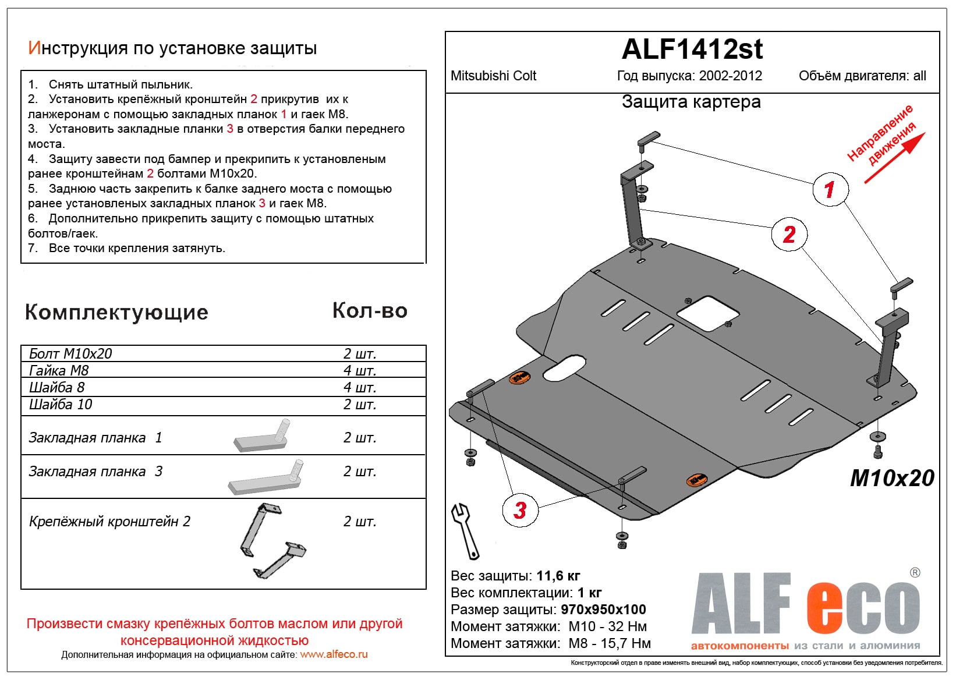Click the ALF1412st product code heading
[692, 49]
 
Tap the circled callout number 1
[830, 189]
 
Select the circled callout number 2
[789, 234]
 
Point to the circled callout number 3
[520, 510]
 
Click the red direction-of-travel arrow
[894, 159]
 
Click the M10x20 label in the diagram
[891, 478]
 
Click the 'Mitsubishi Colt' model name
[493, 76]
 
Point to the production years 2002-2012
[730, 76]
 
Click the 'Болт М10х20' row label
[70, 354]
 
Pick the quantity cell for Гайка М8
[359, 371]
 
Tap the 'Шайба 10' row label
[61, 405]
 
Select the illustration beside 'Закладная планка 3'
[266, 479]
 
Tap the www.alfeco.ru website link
[334, 654]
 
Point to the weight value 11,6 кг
[558, 576]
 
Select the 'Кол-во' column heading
[369, 311]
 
